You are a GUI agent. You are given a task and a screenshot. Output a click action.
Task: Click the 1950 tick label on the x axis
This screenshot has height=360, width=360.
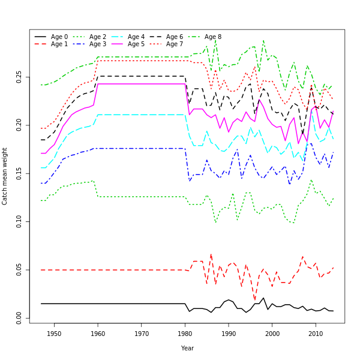54,334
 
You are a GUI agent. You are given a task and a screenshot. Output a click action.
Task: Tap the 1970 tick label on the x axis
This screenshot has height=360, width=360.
142,334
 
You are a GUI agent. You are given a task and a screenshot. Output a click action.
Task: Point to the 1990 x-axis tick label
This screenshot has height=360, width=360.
229,334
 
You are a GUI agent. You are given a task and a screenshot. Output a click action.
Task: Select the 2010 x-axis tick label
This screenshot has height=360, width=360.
316,334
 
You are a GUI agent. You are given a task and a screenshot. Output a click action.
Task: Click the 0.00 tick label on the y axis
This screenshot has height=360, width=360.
19,317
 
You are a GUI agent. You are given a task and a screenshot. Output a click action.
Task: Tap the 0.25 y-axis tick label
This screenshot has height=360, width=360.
19,77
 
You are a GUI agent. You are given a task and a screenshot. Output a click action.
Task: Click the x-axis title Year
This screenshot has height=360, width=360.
187,348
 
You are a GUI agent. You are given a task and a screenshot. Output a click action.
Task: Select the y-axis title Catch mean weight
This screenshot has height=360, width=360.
5,176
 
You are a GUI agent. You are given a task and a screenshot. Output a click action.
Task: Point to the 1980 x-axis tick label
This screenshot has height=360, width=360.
185,334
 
